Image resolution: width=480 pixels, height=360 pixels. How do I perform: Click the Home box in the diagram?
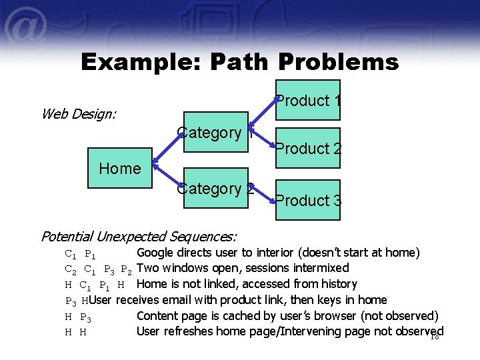tap(120, 169)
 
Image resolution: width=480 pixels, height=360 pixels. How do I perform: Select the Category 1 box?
tap(215, 133)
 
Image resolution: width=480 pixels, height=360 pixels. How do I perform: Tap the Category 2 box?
tap(215, 189)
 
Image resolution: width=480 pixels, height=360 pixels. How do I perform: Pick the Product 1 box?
tap(307, 101)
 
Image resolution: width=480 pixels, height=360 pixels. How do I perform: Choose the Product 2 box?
tap(307, 148)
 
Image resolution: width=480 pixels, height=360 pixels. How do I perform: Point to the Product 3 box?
tap(307, 199)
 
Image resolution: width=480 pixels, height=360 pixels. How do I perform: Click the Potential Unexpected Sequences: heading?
tap(139, 236)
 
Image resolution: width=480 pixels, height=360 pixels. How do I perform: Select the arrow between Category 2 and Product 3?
tap(263, 195)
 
